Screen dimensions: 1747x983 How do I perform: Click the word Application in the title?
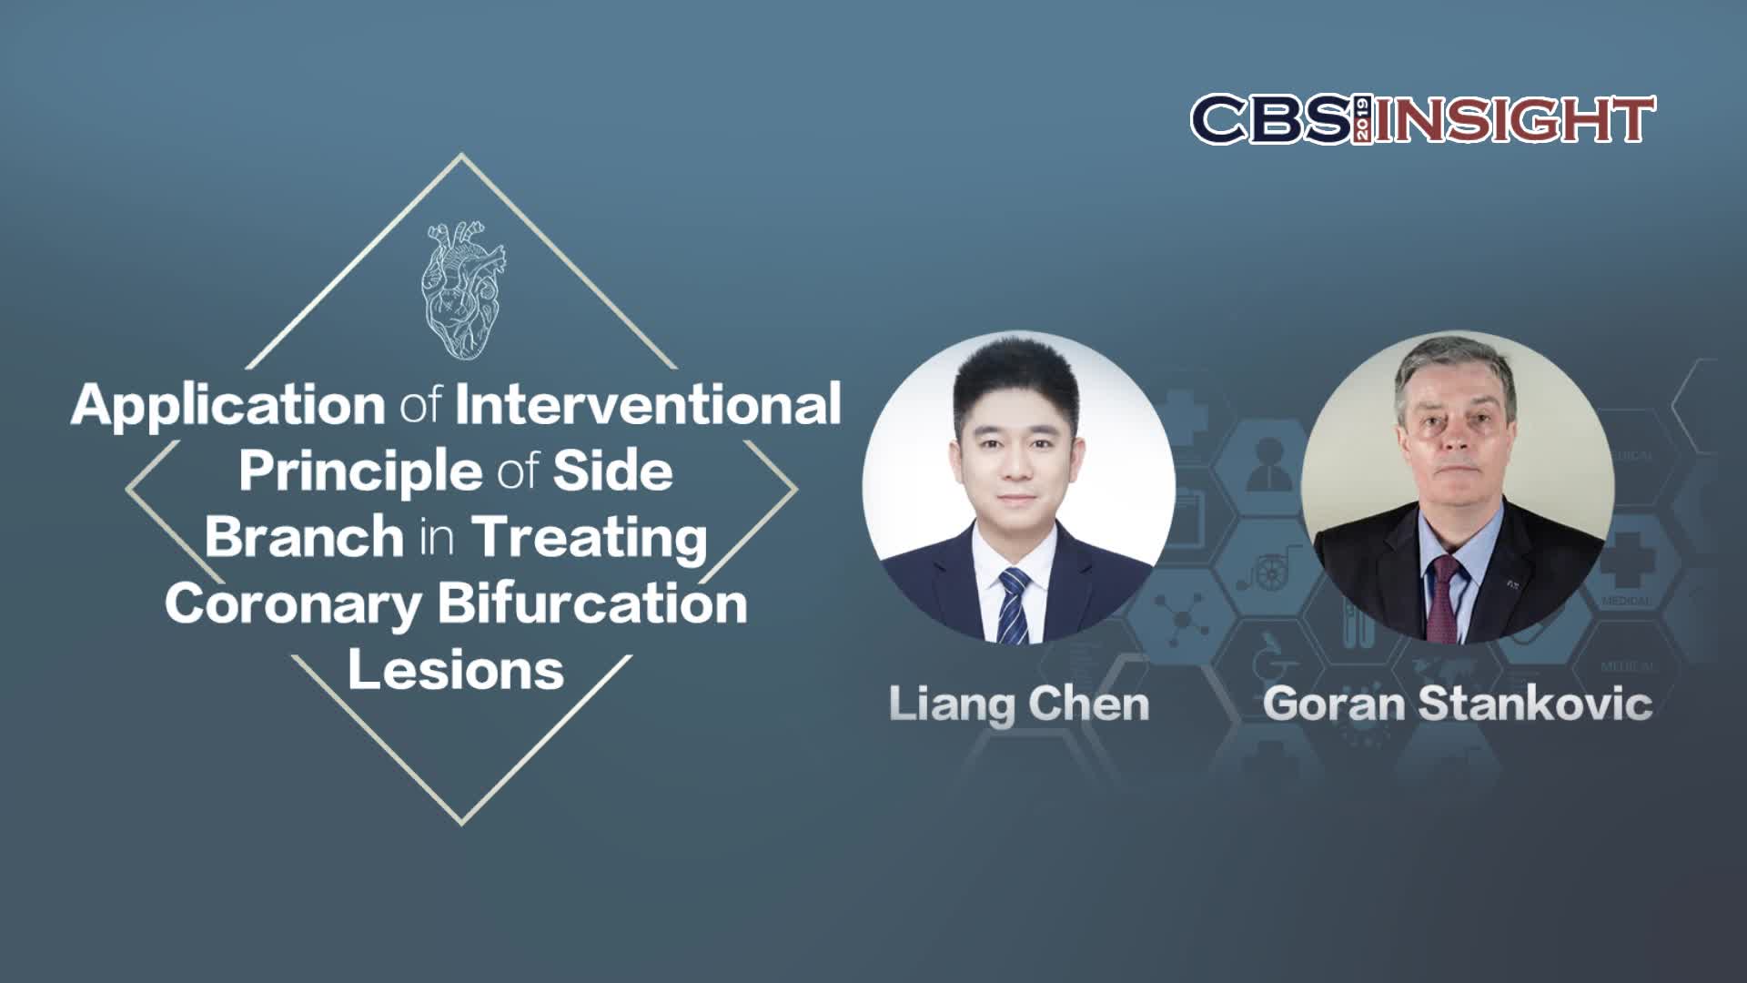pyautogui.click(x=228, y=406)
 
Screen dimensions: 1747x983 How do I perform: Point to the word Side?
pyautogui.click(x=613, y=471)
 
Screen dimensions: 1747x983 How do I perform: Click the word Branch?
pyautogui.click(x=304, y=536)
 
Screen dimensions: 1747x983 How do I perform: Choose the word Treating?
pyautogui.click(x=590, y=539)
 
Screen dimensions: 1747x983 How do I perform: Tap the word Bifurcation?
pyautogui.click(x=592, y=603)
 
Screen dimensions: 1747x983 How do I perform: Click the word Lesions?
pyautogui.click(x=456, y=670)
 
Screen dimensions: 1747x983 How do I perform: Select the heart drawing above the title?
pyautogui.click(x=461, y=289)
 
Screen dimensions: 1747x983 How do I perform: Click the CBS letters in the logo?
pyautogui.click(x=1271, y=119)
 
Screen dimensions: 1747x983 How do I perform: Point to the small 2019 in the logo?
pyautogui.click(x=1363, y=119)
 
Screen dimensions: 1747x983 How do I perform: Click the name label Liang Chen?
pyautogui.click(x=1019, y=704)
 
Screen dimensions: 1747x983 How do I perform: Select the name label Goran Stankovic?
pyautogui.click(x=1458, y=704)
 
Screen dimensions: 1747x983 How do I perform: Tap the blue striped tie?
pyautogui.click(x=1014, y=604)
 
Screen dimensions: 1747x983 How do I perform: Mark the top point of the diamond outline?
pyautogui.click(x=461, y=153)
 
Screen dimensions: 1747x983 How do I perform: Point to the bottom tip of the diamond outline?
pyautogui.click(x=461, y=825)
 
